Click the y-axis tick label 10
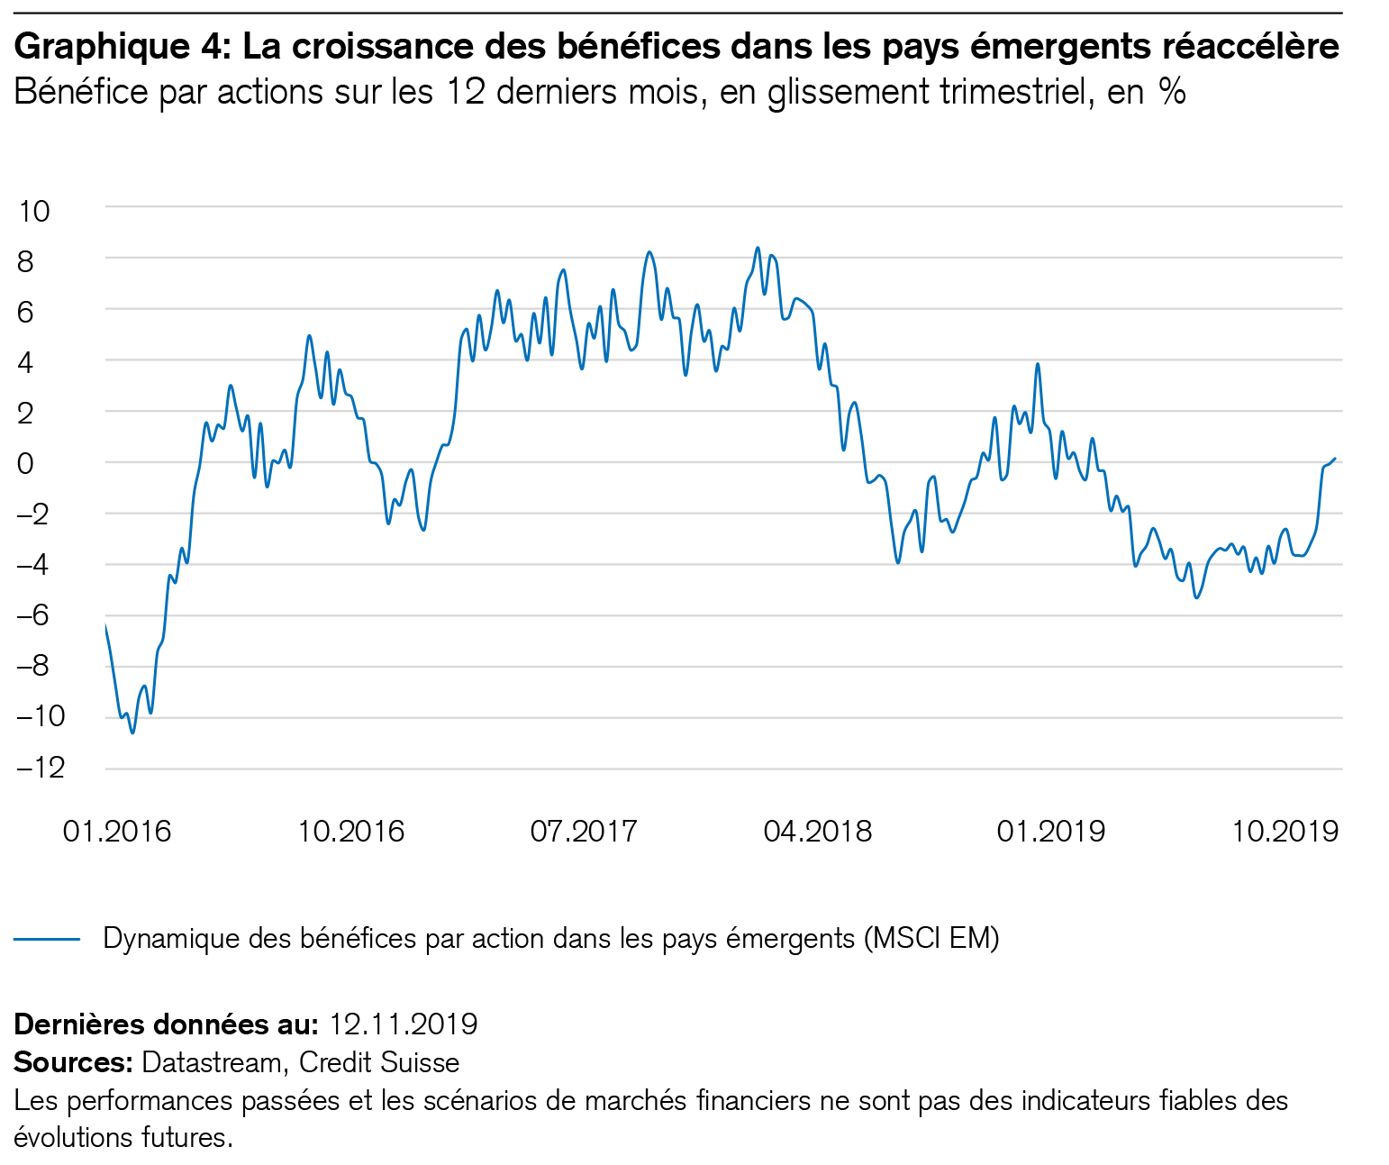33,212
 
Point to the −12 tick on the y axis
41,768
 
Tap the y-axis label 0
25,463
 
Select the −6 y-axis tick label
41,616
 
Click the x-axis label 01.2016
116,831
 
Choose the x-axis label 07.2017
584,831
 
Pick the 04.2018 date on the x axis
817,831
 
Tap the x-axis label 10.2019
1285,831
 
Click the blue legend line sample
47,940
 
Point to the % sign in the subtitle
1172,92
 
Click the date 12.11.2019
403,1024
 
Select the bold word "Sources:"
73,1063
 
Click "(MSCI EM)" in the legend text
931,939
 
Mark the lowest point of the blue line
132,733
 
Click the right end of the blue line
1335,459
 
